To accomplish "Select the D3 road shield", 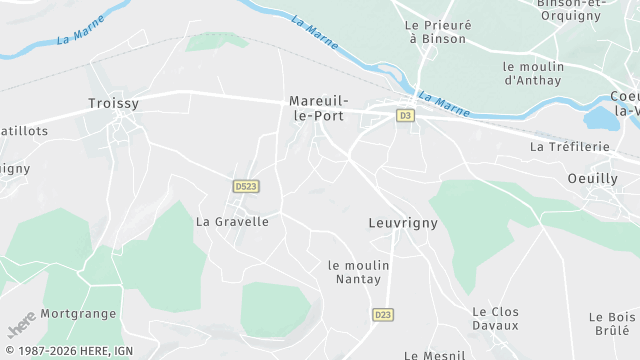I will tap(405, 116).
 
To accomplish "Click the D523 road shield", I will tap(245, 186).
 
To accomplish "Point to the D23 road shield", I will tap(382, 314).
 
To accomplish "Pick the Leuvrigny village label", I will tap(403, 223).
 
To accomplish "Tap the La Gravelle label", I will tap(232, 221).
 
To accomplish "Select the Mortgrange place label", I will tap(78, 313).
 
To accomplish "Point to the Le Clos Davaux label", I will tap(496, 318).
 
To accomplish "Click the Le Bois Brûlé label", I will tap(613, 324).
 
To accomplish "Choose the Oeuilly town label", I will tap(592, 178).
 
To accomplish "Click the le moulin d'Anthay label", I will tap(534, 73).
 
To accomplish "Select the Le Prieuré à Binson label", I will tap(436, 31).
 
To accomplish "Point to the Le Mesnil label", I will tap(435, 354).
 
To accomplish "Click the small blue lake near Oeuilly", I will tap(600, 118).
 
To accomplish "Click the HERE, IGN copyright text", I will tap(67, 351).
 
